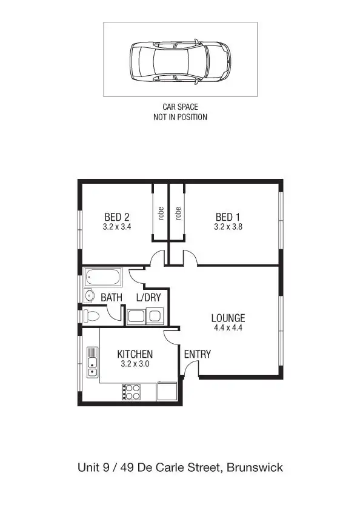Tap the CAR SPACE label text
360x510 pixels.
point(180,107)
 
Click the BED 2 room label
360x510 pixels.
point(117,217)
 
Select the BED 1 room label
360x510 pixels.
point(228,217)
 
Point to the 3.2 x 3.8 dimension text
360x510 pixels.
point(228,227)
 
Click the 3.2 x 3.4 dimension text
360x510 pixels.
point(117,227)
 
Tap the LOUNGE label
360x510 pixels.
point(228,318)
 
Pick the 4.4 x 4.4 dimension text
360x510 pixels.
point(228,327)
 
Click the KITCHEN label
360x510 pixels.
point(135,354)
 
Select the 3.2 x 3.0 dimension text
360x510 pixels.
point(135,364)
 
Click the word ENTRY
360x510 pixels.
point(197,354)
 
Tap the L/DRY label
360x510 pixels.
point(148,297)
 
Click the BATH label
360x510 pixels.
point(112,297)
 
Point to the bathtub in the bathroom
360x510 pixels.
point(103,278)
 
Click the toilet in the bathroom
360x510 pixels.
point(92,315)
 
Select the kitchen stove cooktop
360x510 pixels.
point(131,391)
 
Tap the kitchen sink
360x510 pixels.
point(92,362)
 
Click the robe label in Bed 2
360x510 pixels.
point(161,213)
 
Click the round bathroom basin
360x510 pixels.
point(88,297)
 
